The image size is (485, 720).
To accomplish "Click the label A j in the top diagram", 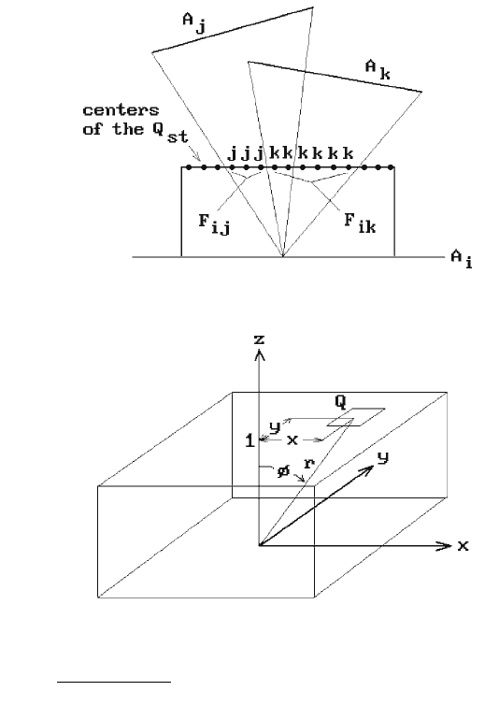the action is tap(194, 23).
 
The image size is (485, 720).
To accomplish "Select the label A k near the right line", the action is tap(378, 70).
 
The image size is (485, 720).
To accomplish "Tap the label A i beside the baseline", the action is tap(462, 259).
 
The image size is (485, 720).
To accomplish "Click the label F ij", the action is tap(214, 224).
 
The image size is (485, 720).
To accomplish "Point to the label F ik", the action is tap(360, 223).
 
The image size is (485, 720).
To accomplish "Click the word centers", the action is tap(121, 110).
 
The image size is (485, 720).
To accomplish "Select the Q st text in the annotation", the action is tap(170, 133).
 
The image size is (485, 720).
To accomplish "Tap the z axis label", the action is tap(259, 339).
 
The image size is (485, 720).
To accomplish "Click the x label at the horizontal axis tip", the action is tap(463, 545).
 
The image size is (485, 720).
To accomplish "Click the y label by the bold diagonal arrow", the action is tap(383, 458).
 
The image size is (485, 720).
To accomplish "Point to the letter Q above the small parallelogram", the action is tap(340, 401).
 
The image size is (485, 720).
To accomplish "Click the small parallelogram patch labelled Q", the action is tap(356, 417).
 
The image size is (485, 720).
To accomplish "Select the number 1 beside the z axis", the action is tap(250, 440).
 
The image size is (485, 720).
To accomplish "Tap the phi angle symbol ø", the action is tap(283, 470).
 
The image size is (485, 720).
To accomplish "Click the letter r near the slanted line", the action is tap(309, 463).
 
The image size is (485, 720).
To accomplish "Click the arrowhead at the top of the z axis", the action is tap(260, 354).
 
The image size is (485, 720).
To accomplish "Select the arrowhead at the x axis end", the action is tap(444, 545).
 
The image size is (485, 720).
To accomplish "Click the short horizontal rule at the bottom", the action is tap(114, 683).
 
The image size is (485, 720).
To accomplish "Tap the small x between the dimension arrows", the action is tap(292, 439).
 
